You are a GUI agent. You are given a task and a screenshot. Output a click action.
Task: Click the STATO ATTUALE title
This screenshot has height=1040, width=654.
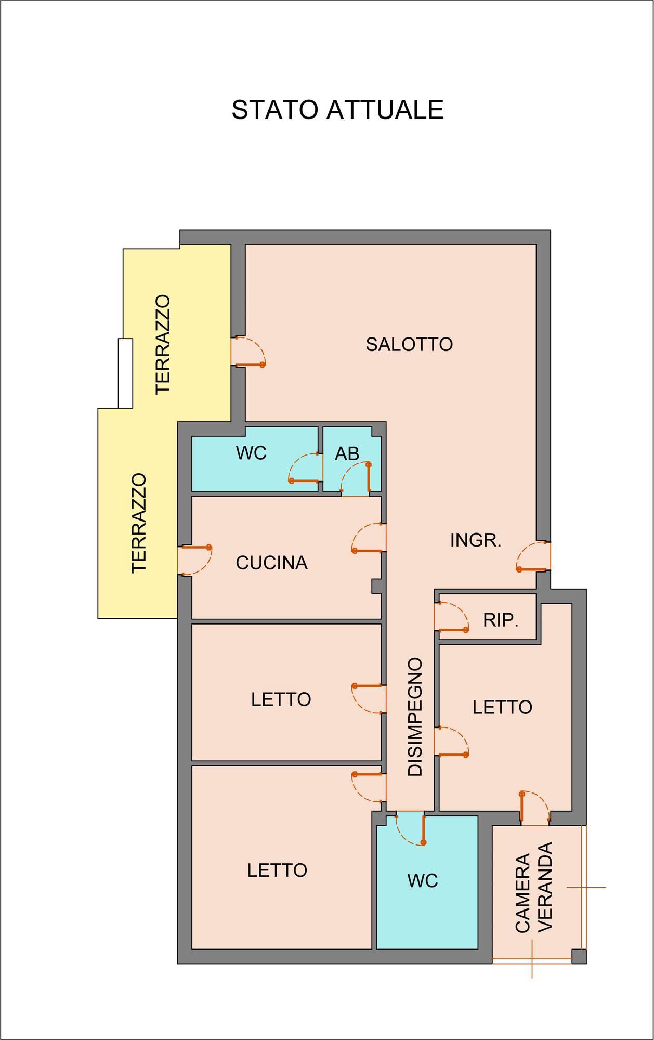point(337,110)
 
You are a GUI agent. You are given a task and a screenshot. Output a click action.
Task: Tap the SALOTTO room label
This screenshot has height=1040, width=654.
point(409,344)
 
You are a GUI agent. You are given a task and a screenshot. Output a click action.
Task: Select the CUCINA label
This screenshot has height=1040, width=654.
point(271,563)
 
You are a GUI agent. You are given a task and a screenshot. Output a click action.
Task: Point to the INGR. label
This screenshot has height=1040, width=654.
point(476,540)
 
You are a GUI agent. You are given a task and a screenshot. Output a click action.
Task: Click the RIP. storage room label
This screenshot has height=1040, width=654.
point(501,620)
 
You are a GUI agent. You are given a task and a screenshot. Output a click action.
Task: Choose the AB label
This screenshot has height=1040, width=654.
point(347,454)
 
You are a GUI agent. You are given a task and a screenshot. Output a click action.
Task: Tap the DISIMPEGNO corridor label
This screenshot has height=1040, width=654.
point(415,717)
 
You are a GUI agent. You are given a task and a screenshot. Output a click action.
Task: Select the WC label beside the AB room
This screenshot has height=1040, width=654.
point(251,453)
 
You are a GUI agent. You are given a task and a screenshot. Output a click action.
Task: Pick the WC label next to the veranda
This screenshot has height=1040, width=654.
point(423,881)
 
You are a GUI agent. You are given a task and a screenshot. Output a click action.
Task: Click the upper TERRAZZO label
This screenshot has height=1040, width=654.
point(163,344)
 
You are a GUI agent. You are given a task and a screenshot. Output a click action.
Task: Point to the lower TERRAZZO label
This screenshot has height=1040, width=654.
point(139,523)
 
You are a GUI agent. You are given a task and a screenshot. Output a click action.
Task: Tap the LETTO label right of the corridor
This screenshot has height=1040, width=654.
point(502,707)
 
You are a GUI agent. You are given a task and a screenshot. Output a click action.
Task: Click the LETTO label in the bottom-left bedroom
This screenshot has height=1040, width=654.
point(277,870)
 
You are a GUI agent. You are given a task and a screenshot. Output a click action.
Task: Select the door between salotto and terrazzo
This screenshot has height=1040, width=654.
point(248,352)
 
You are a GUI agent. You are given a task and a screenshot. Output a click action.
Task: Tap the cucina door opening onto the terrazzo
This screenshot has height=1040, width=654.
point(195,560)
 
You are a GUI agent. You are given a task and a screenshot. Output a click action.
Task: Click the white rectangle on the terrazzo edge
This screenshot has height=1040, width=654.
point(125,373)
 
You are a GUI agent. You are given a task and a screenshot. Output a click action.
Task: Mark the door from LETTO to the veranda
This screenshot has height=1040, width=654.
point(534,808)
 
